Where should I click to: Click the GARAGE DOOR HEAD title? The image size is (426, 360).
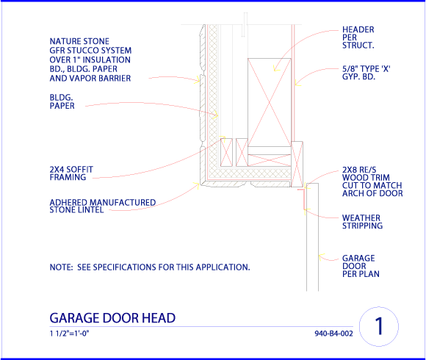pyautogui.click(x=112, y=318)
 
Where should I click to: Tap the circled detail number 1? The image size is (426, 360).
pyautogui.click(x=379, y=326)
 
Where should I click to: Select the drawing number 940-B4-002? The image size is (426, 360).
pyautogui.click(x=333, y=334)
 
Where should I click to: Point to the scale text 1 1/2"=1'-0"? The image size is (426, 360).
pyautogui.click(x=70, y=333)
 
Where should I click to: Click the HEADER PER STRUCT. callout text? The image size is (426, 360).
pyautogui.click(x=358, y=37)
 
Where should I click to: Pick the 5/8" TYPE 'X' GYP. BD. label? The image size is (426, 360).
pyautogui.click(x=366, y=73)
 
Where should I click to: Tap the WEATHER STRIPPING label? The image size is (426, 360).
pyautogui.click(x=362, y=222)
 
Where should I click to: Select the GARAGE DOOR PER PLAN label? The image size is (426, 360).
pyautogui.click(x=361, y=266)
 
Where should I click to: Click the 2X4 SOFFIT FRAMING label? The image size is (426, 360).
pyautogui.click(x=71, y=173)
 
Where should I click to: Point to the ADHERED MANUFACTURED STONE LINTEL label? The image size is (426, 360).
pyautogui.click(x=102, y=206)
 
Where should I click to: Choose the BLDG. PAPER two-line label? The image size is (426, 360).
pyautogui.click(x=62, y=101)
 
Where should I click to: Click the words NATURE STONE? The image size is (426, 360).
pyautogui.click(x=79, y=41)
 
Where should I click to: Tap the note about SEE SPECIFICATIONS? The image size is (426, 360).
pyautogui.click(x=150, y=267)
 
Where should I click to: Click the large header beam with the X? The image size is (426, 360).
pyautogui.click(x=270, y=102)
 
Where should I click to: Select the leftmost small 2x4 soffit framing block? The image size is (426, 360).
pyautogui.click(x=226, y=152)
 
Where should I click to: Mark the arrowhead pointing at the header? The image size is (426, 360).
pyautogui.click(x=275, y=68)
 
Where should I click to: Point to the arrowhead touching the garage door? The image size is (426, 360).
pyautogui.click(x=322, y=256)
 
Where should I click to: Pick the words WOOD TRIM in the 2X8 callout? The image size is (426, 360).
pyautogui.click(x=366, y=178)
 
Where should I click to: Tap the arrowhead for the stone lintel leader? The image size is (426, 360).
pyautogui.click(x=197, y=185)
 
